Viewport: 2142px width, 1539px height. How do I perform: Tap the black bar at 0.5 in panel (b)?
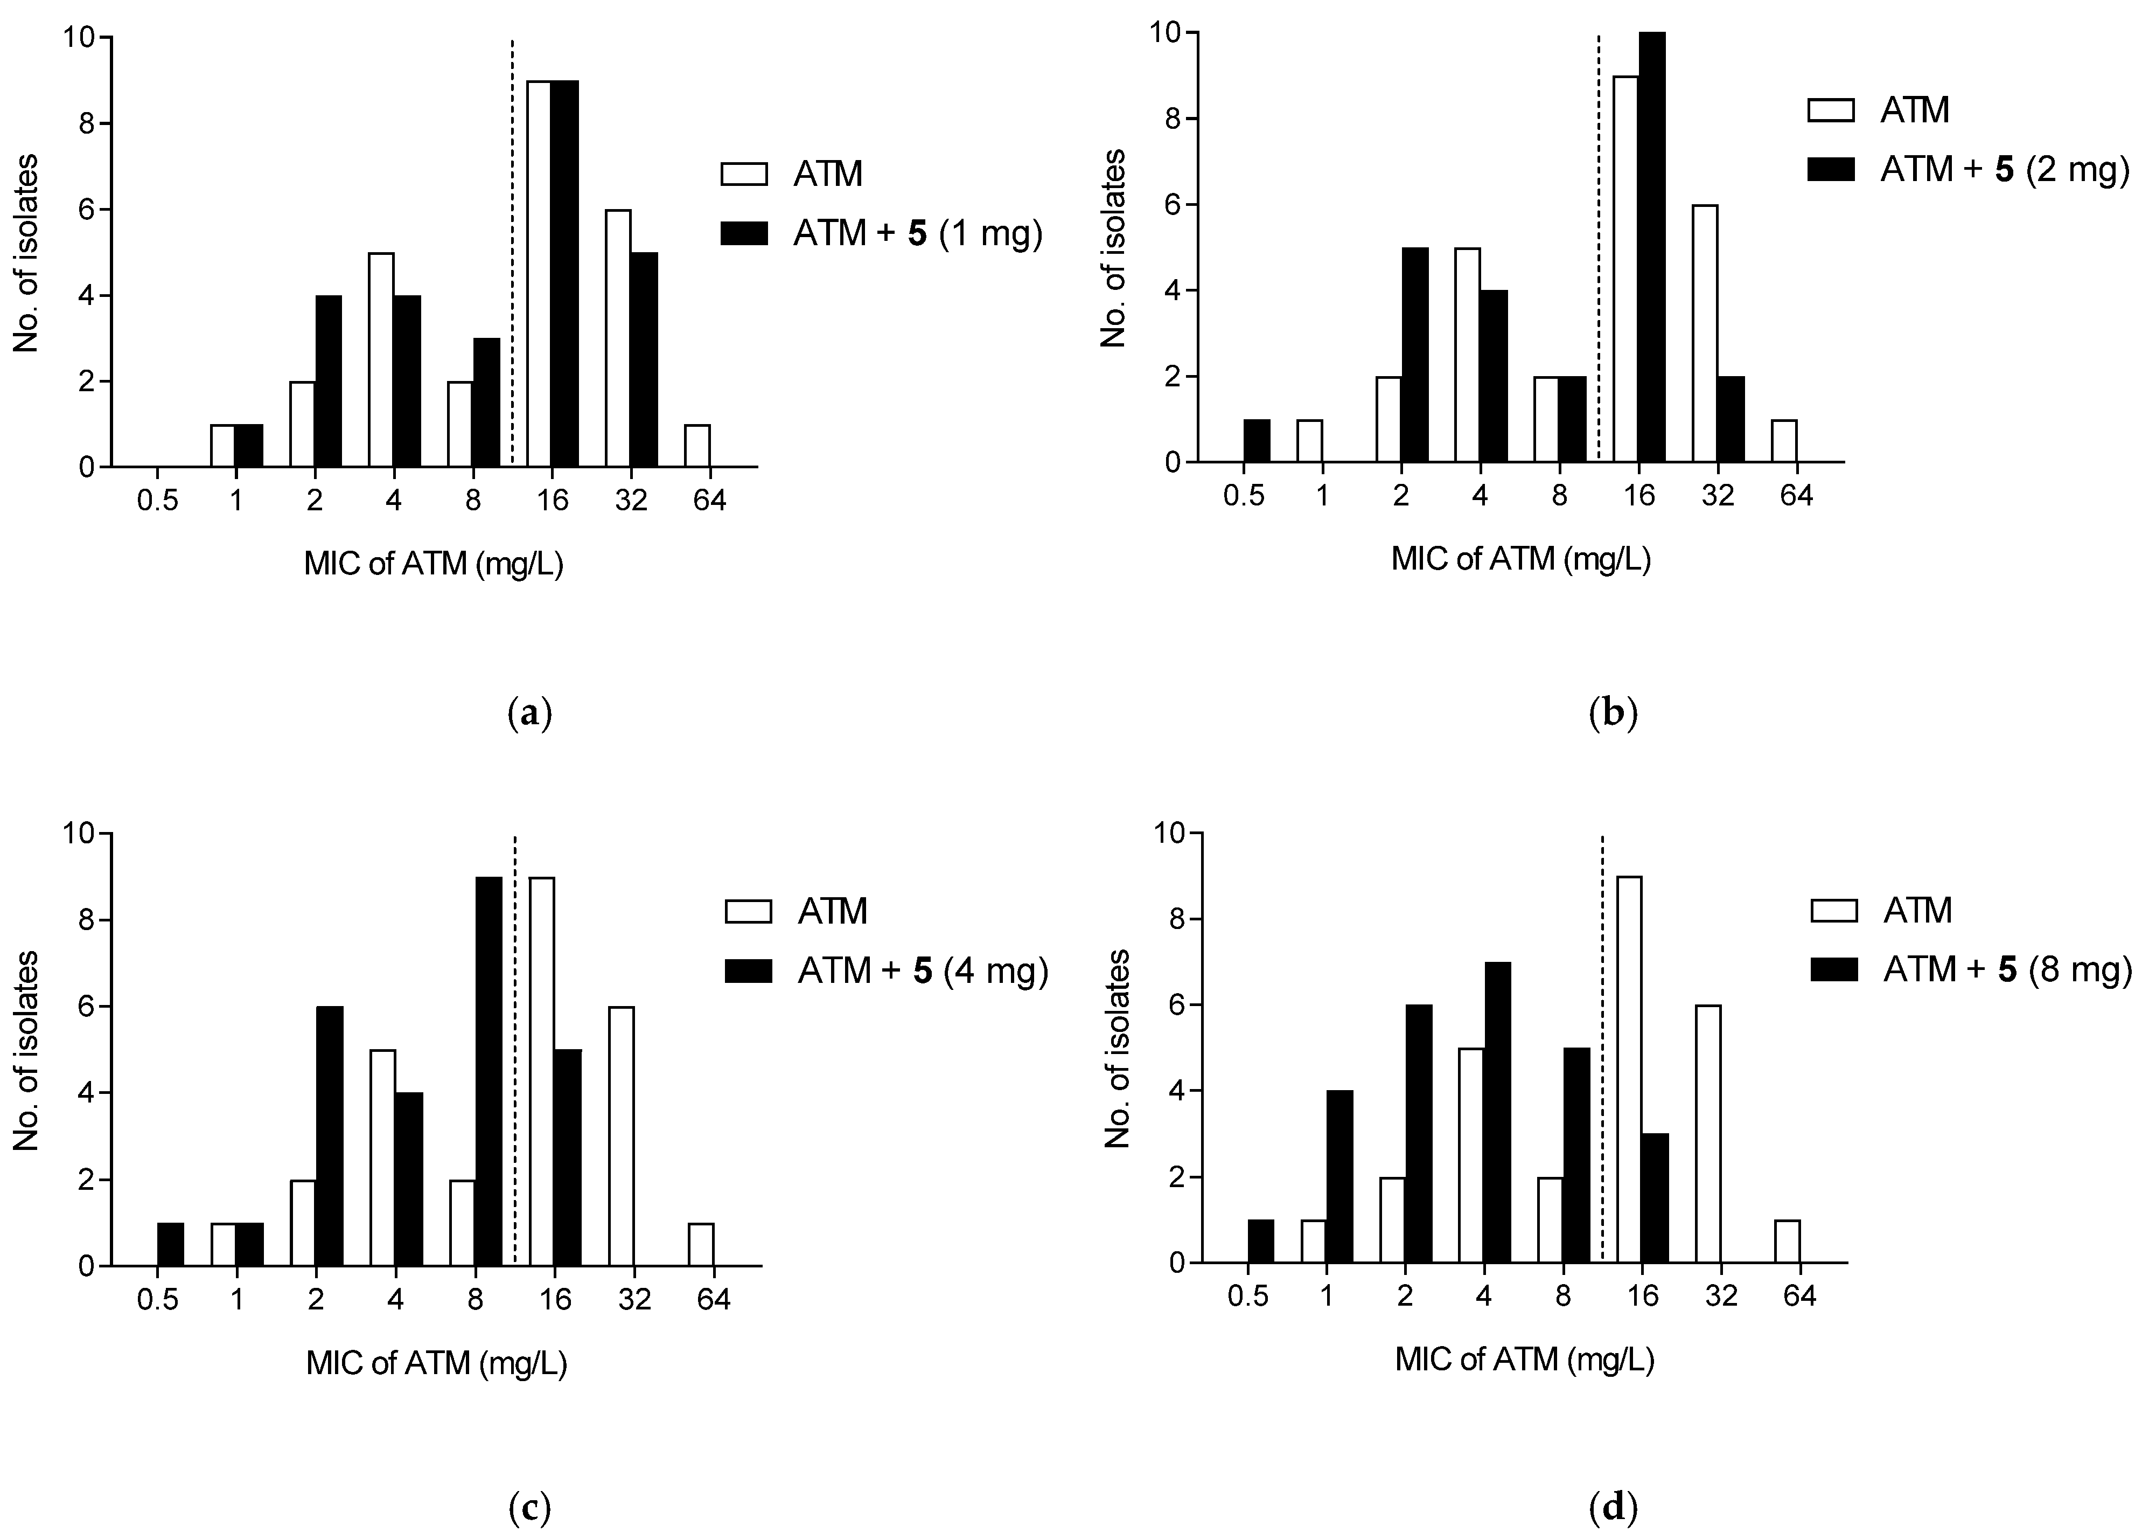coord(1256,440)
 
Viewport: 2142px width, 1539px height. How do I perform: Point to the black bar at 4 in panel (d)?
coord(1497,1112)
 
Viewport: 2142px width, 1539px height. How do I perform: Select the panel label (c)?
coord(529,1509)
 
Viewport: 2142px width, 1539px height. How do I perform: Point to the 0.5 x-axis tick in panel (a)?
coord(157,500)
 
